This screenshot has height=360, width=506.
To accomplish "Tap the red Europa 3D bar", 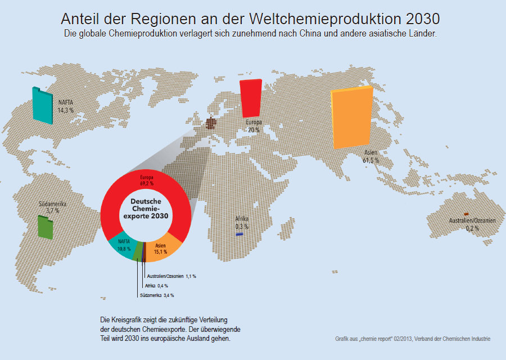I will click(x=251, y=98).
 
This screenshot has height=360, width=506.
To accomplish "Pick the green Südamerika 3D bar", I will click(x=46, y=227).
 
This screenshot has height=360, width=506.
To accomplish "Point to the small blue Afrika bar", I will click(x=240, y=233).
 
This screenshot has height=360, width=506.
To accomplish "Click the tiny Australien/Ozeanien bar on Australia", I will click(x=466, y=214).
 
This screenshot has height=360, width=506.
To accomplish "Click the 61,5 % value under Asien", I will click(x=371, y=160).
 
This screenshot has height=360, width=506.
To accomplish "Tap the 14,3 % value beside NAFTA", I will click(x=66, y=110).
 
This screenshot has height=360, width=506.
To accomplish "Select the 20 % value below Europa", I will click(x=254, y=130).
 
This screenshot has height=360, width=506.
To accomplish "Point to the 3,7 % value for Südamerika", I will click(x=53, y=210).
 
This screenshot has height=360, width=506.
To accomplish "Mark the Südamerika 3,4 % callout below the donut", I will click(x=157, y=295).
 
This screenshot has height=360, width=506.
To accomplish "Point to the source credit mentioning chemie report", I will click(x=413, y=339).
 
